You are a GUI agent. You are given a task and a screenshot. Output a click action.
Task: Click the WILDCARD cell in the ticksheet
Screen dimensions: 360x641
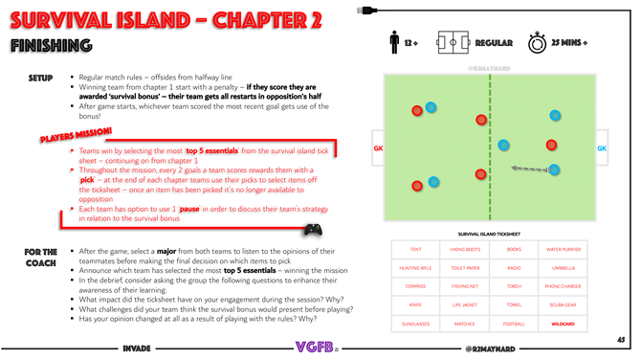(562, 326)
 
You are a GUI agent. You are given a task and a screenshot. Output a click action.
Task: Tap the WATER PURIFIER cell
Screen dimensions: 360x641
(562, 249)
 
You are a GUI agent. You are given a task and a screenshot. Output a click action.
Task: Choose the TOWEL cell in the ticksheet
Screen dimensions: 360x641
(513, 306)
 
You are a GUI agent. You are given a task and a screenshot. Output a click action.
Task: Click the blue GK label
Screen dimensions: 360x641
(601, 148)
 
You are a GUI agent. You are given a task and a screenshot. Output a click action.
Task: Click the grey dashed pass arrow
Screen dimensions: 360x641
(528, 169)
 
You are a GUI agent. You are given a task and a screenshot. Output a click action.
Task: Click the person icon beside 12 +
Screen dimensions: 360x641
(394, 43)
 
